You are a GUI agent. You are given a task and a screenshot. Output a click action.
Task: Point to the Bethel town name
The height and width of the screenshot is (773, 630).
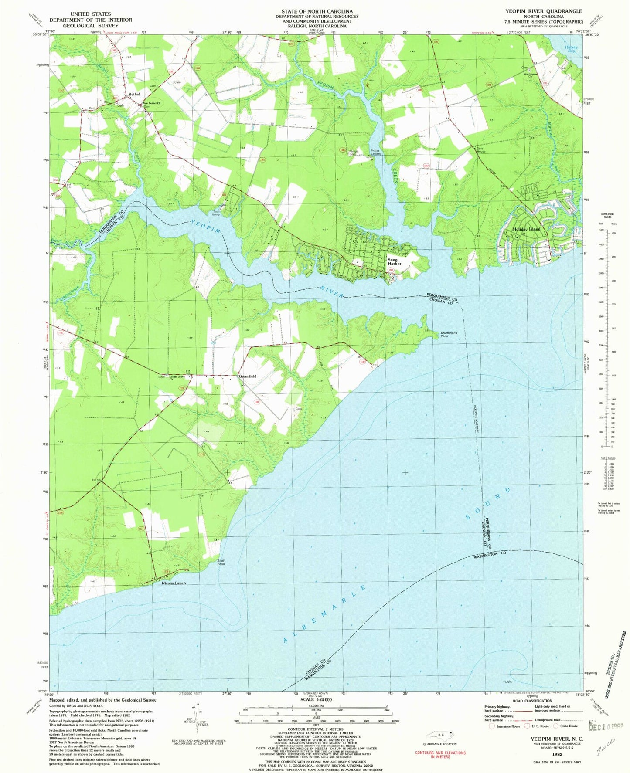[x=134, y=94]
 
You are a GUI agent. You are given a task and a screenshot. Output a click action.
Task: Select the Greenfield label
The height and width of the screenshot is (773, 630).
[x=247, y=376]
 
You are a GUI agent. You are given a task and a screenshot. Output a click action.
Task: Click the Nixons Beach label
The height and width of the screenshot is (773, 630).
[x=174, y=583]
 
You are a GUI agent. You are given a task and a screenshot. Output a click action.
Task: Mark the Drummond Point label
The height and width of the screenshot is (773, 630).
[x=448, y=335]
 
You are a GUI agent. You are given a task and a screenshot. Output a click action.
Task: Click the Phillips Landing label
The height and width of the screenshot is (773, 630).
[x=376, y=153]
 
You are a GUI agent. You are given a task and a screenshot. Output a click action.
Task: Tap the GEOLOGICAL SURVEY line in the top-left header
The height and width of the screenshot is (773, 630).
[x=91, y=26]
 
